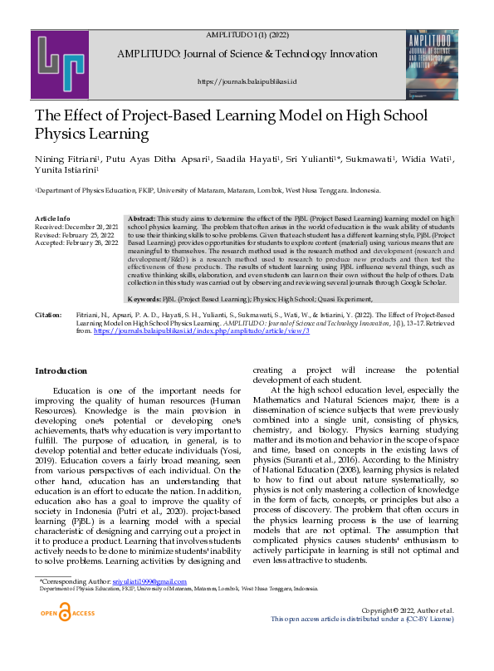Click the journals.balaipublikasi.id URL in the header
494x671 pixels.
(x=247, y=81)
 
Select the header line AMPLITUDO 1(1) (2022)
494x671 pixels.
(x=247, y=35)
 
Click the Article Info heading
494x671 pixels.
(x=51, y=217)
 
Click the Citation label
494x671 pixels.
(x=49, y=316)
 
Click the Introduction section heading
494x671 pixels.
(x=60, y=370)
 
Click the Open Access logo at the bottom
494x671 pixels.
(x=69, y=613)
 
